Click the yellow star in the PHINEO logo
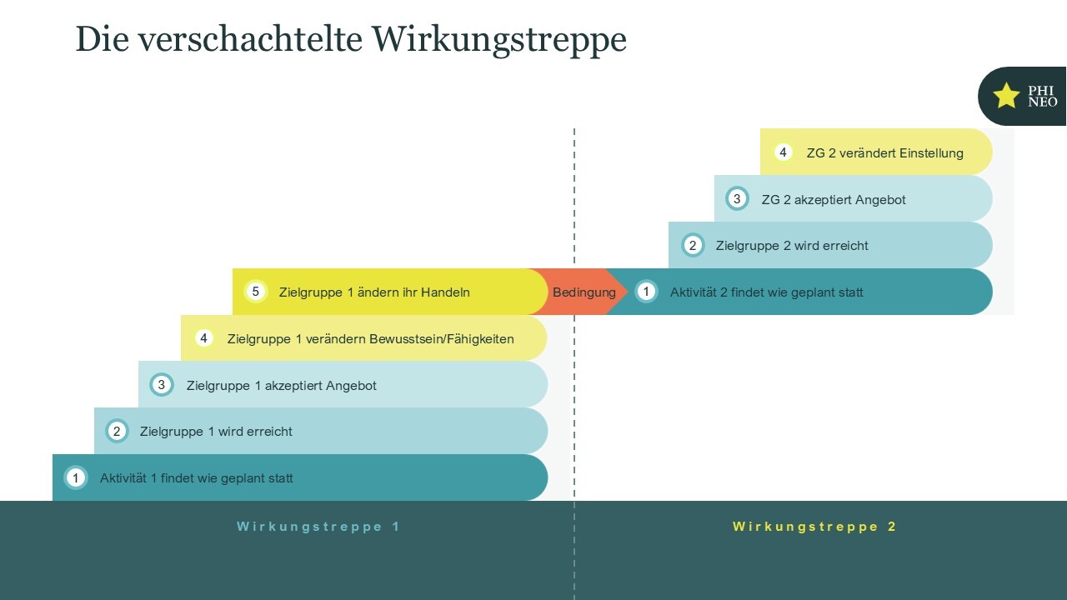point(1006,96)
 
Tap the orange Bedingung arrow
point(583,292)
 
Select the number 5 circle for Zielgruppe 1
point(256,292)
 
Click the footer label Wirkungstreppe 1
point(318,527)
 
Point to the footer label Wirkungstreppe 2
point(814,527)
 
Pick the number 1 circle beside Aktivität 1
point(76,478)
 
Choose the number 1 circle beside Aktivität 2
point(646,292)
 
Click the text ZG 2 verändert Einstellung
point(884,153)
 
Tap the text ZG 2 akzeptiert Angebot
point(834,200)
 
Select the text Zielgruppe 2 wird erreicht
point(792,246)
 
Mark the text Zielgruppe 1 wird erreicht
point(216,432)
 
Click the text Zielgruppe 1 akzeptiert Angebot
point(281,386)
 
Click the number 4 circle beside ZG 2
point(783,152)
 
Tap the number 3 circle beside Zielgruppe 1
point(162,385)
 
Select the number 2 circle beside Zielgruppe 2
point(693,245)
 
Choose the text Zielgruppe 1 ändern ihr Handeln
point(374,292)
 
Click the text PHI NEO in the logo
point(1042,97)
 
